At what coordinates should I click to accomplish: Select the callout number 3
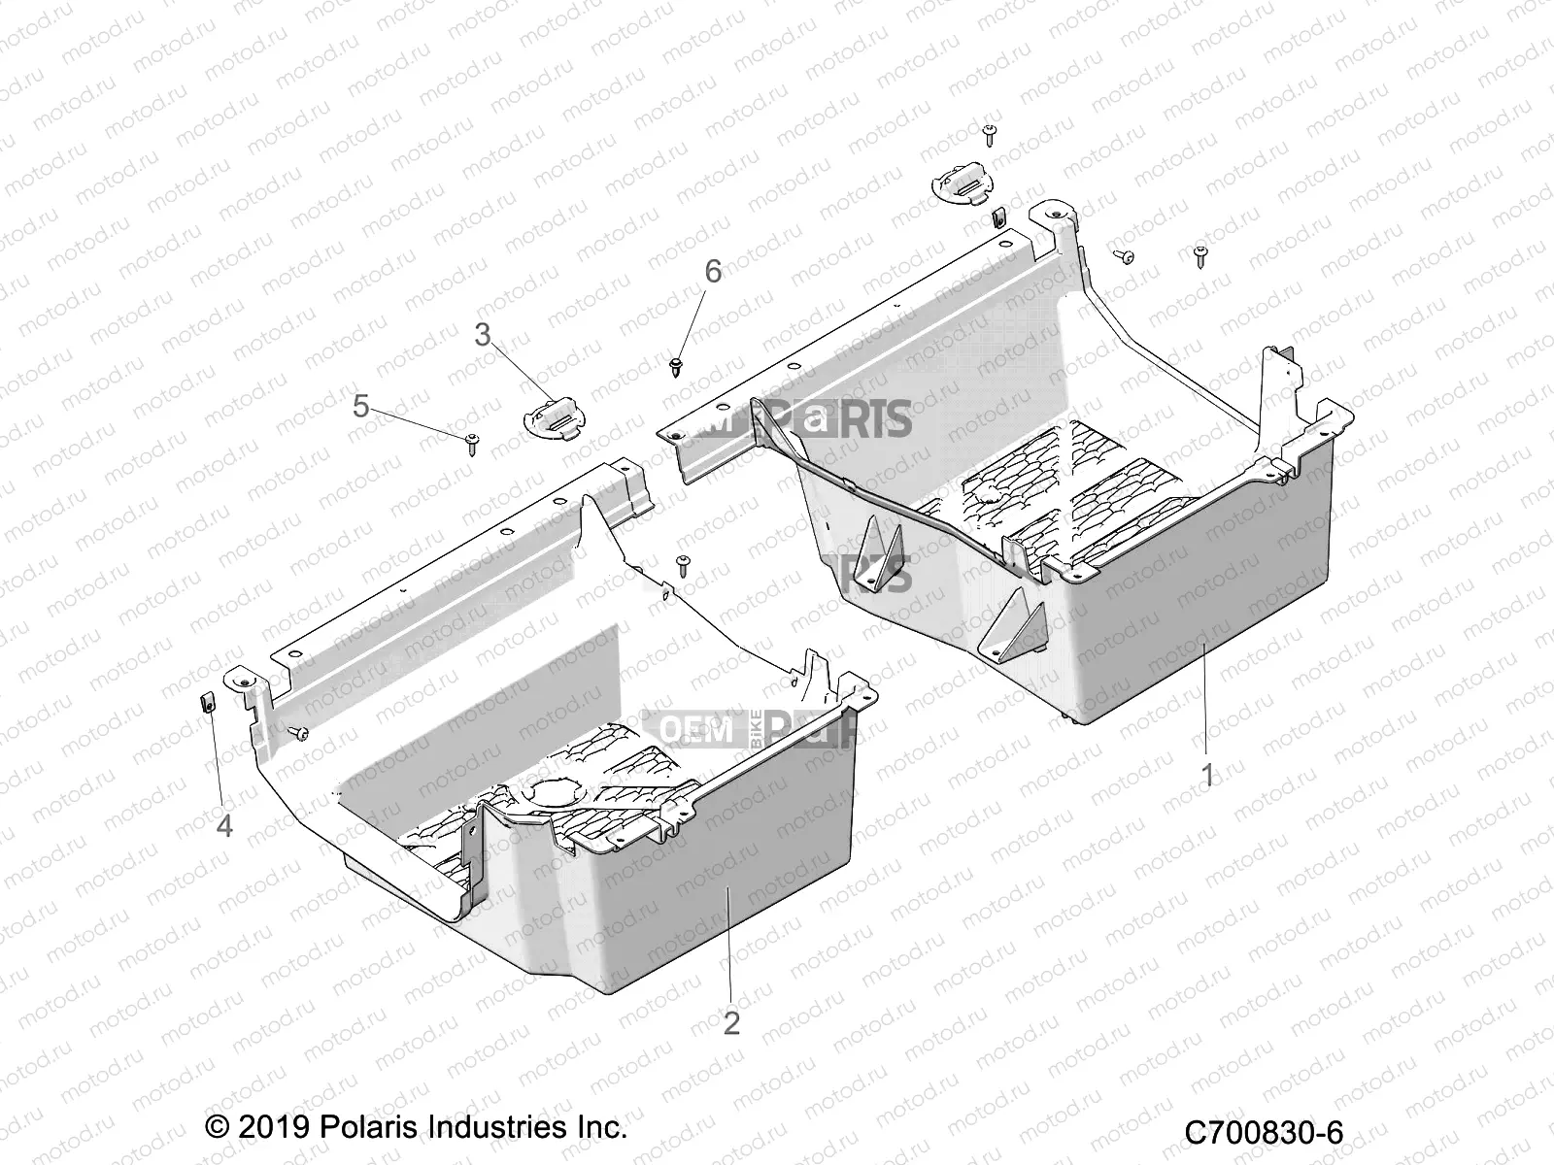coord(483,336)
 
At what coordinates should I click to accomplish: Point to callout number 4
coord(224,826)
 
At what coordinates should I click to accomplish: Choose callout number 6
coord(713,273)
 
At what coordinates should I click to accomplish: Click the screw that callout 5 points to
coord(472,443)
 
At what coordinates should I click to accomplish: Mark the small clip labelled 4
coord(207,701)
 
